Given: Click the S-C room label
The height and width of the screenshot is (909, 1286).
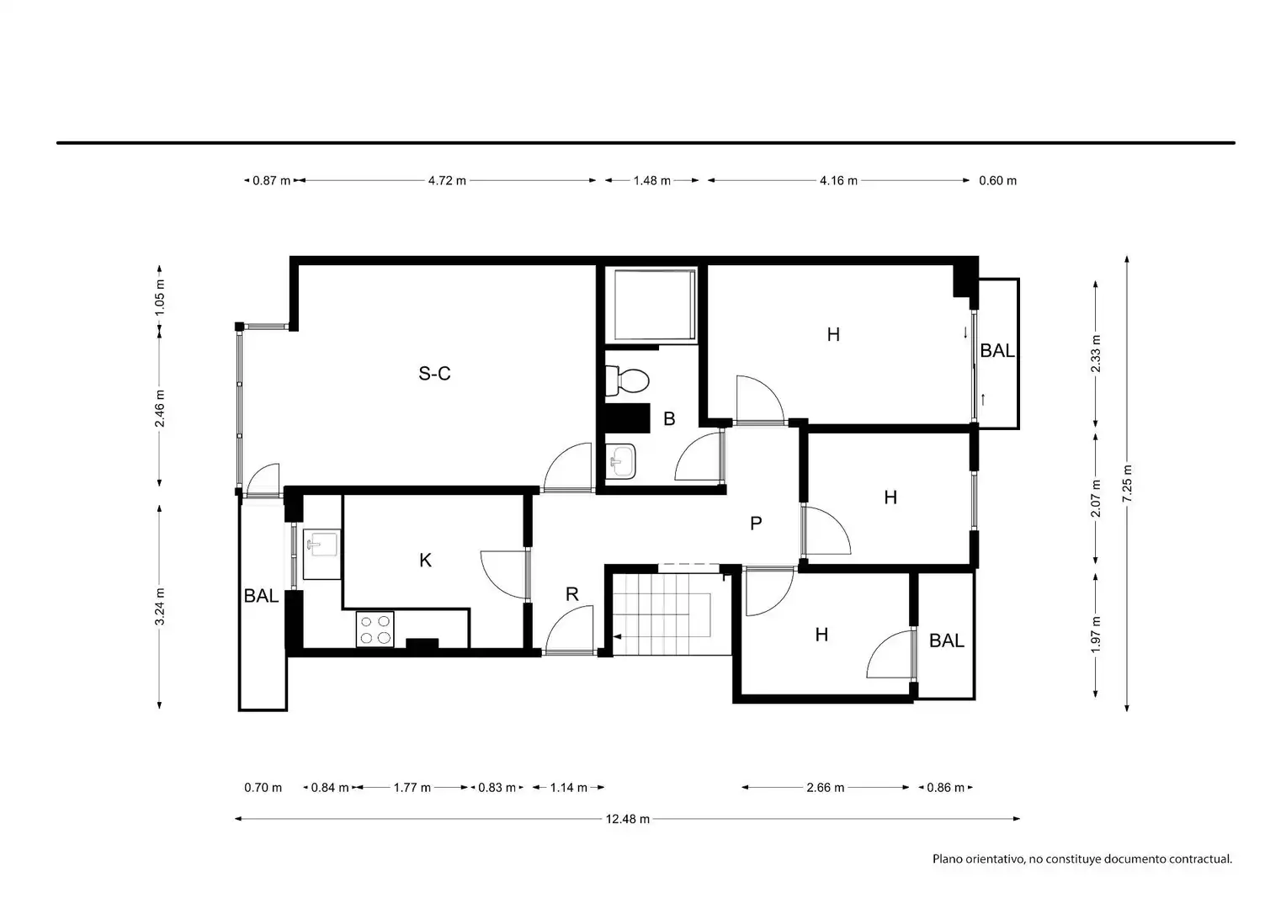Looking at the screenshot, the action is [434, 374].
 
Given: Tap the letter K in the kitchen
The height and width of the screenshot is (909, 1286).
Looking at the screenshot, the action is [425, 560].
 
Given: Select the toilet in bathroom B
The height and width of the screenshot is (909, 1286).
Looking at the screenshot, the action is [627, 380].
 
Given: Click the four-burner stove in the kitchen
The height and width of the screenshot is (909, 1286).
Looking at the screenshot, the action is [375, 630].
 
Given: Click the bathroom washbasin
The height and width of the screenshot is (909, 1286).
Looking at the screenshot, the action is [620, 460].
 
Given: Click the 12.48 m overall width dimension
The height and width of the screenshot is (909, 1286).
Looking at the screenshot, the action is [628, 819].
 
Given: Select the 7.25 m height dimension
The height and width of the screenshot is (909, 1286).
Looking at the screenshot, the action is [1127, 483].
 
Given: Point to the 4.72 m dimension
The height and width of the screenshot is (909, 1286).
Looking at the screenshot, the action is [447, 180].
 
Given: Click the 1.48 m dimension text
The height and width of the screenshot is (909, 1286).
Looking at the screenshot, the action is [651, 180].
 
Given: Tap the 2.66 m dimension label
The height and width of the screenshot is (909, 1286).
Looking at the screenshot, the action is [825, 787].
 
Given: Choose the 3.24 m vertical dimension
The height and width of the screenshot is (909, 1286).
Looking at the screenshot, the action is [160, 606].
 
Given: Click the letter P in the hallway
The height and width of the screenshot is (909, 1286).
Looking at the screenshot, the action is [756, 524].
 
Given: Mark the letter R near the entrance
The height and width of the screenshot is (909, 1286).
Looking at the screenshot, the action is [571, 594].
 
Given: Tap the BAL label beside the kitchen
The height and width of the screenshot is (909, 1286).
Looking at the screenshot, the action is [261, 596].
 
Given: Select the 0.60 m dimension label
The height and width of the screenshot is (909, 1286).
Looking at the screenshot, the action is [998, 180].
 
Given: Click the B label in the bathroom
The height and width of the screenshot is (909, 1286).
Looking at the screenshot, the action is [669, 418].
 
